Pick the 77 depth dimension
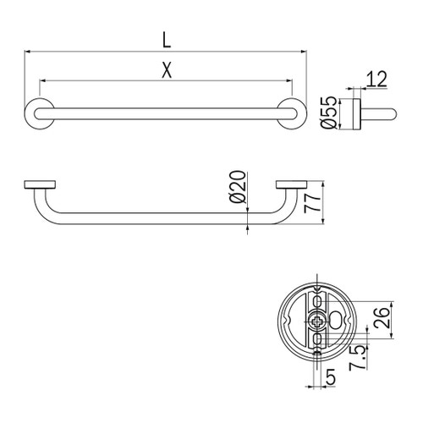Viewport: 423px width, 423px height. [x=310, y=203]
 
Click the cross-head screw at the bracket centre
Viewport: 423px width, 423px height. [x=316, y=321]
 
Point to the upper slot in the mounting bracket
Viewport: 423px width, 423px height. [x=316, y=300]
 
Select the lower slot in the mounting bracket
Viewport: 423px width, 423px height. [x=316, y=340]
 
